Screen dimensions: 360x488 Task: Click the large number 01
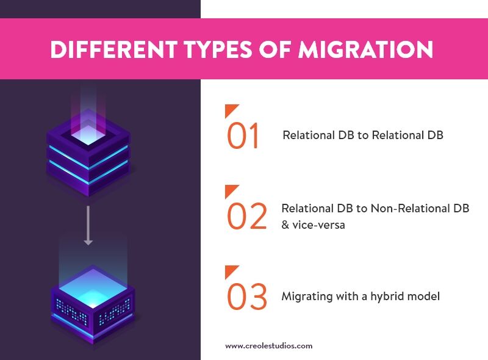(244, 136)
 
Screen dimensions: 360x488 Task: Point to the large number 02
(247, 217)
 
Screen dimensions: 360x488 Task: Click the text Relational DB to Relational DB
(362, 135)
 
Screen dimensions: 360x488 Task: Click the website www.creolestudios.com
(268, 346)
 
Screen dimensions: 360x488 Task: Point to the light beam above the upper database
(88, 101)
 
